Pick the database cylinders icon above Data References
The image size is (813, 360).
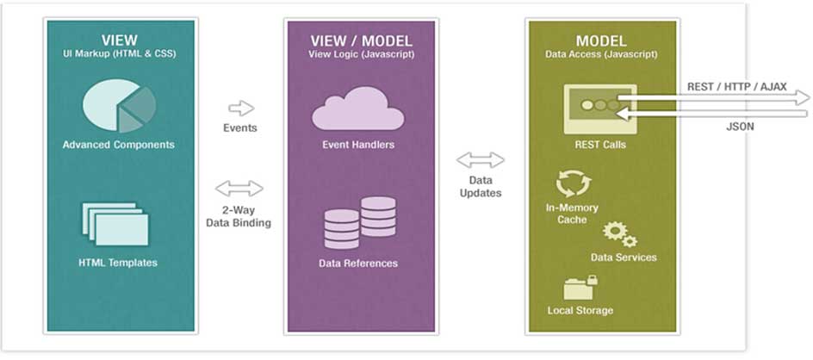(359, 222)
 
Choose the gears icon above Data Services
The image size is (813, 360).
(619, 233)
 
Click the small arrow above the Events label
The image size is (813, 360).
(241, 108)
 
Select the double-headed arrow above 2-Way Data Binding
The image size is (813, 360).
(239, 189)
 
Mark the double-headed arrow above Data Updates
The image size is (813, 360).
(481, 159)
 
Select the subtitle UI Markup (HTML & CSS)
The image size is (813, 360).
(119, 54)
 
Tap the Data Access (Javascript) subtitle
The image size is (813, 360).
(600, 54)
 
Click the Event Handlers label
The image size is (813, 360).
(357, 145)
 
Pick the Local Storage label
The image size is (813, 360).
(580, 310)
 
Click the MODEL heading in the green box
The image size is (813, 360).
(600, 40)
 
